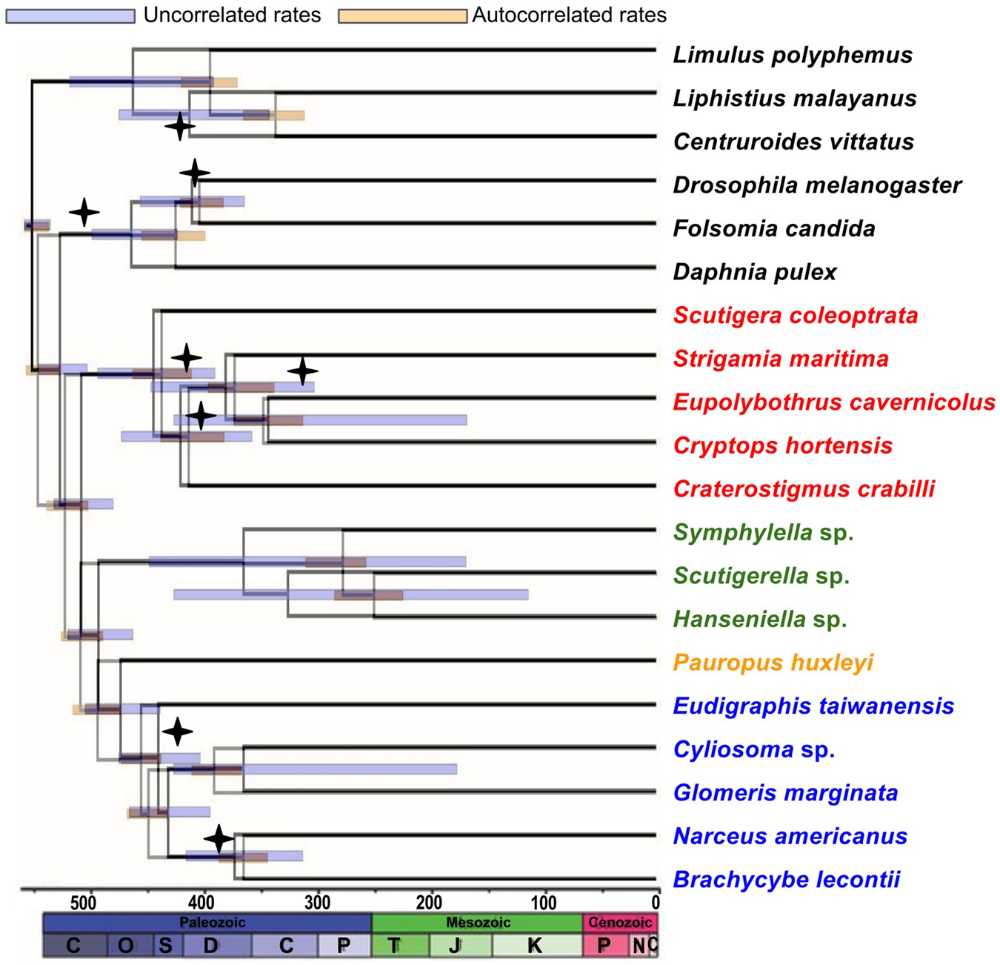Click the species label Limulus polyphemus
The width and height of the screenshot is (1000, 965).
[792, 55]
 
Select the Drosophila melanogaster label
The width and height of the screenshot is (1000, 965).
[816, 185]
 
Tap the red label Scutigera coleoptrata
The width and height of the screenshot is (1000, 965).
[795, 316]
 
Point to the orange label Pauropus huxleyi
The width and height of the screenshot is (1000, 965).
[773, 663]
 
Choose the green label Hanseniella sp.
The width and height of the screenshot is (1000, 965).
[759, 619]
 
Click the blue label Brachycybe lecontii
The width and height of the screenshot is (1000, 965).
[786, 880]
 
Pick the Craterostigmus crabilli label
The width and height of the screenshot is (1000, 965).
[804, 489]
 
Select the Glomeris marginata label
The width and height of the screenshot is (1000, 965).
[785, 793]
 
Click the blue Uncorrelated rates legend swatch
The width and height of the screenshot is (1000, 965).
[70, 16]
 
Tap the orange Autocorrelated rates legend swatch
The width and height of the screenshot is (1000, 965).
[403, 16]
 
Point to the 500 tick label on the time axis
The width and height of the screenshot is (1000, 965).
[84, 902]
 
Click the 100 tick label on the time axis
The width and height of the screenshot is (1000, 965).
[544, 902]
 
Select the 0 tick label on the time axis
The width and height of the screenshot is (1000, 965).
[655, 902]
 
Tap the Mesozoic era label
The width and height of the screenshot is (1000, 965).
[478, 923]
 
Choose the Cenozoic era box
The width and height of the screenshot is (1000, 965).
[620, 923]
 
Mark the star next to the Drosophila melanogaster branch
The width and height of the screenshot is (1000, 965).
[194, 173]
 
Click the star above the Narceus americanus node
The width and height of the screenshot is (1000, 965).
[219, 839]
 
